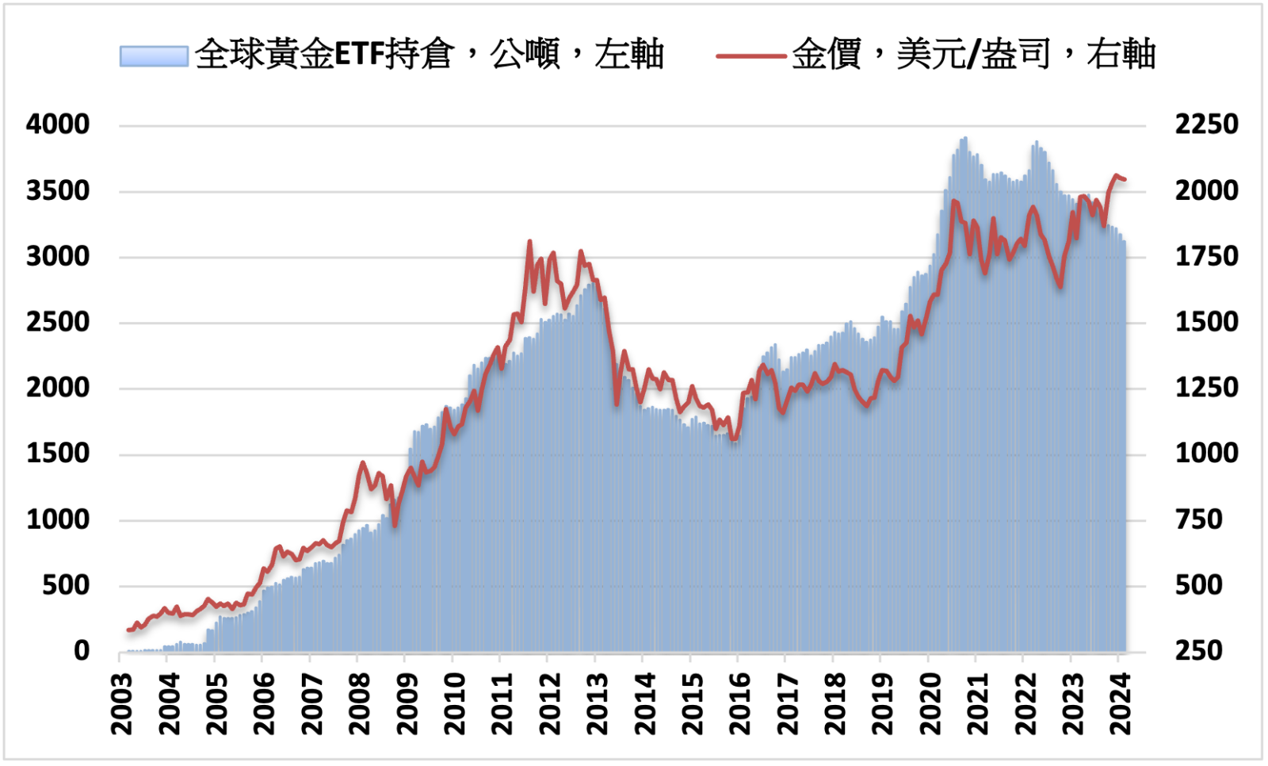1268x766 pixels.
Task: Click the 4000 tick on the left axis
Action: tap(58, 124)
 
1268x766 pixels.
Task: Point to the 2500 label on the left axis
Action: tap(58, 322)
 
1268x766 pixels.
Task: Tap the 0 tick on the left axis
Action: tap(82, 651)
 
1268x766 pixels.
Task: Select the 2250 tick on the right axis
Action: tap(1206, 124)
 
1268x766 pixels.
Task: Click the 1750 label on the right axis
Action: tap(1206, 256)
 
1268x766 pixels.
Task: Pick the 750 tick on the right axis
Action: tap(1198, 519)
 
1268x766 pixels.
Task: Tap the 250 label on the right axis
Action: tap(1198, 651)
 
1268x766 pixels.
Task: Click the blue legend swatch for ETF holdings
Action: tap(154, 56)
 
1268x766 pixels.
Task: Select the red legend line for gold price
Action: tap(750, 56)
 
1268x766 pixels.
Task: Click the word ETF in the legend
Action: tap(360, 55)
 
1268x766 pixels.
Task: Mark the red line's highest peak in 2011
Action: tap(529, 241)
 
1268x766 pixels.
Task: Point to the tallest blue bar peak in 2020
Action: tap(964, 139)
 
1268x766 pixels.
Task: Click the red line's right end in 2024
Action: tap(1125, 180)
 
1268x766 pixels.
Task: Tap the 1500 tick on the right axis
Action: tap(1206, 322)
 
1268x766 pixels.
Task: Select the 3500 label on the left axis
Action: tap(58, 190)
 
